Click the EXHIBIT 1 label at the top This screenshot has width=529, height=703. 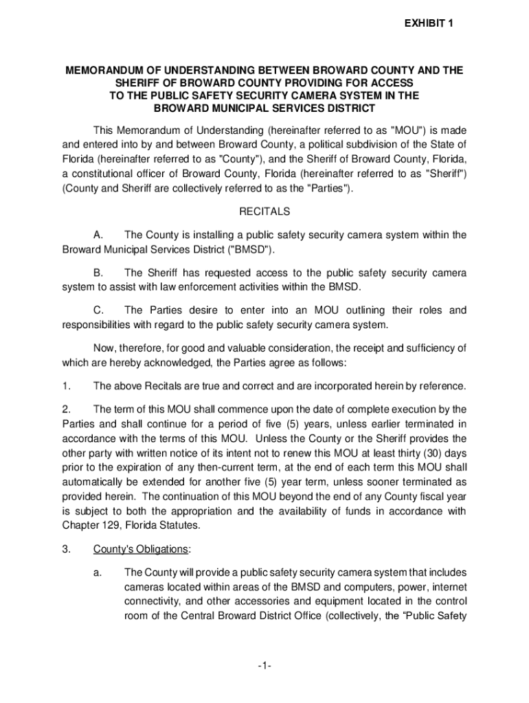pos(428,24)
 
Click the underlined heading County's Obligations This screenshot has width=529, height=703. pos(141,549)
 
